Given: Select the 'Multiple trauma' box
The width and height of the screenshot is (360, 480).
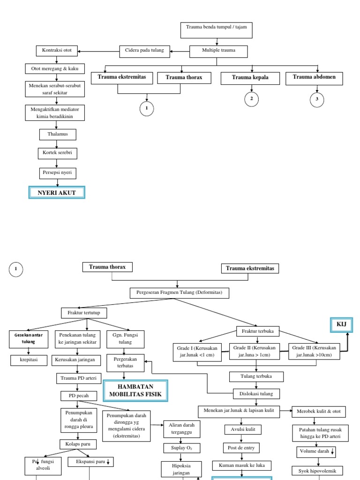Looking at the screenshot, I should (218, 51).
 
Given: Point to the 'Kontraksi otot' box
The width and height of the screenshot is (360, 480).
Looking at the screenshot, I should (57, 51).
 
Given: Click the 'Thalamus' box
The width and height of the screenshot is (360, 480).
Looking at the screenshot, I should (57, 135).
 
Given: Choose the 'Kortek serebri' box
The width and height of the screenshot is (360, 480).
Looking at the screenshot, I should (57, 154).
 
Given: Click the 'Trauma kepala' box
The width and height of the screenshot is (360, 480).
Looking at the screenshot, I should (250, 78).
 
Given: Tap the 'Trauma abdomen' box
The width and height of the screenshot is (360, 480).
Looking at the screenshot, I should (314, 78).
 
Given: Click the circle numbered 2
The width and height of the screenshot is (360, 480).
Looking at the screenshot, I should (252, 99).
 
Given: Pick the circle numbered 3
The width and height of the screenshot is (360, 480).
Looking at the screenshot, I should (317, 99).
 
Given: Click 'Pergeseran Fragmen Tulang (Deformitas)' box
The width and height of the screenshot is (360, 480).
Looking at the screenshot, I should (179, 293).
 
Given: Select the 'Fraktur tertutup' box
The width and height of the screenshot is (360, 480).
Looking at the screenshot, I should (84, 312).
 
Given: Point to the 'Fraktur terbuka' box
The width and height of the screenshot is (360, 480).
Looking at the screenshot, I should (258, 331).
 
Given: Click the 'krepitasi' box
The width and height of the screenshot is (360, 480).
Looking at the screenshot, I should (29, 360).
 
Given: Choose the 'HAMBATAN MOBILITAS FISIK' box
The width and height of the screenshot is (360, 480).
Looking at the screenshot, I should (135, 391).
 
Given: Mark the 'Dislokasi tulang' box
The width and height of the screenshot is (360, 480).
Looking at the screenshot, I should (256, 393).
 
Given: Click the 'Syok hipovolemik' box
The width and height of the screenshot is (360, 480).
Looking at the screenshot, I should (317, 471).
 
